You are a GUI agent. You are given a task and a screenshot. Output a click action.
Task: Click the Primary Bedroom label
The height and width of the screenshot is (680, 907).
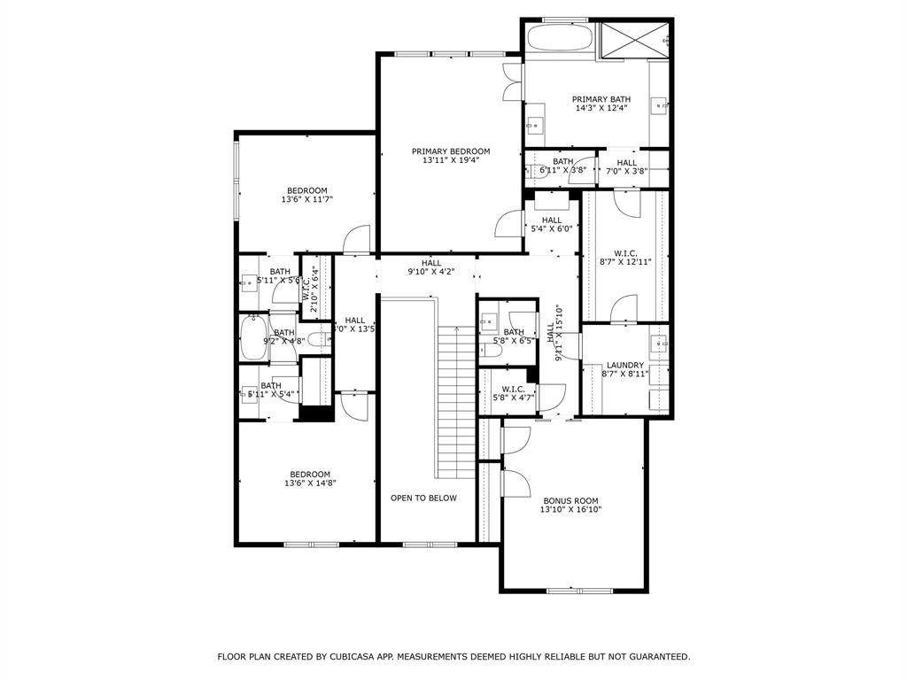[450, 151]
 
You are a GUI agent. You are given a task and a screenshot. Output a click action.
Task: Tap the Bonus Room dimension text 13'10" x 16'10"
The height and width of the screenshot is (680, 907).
[570, 510]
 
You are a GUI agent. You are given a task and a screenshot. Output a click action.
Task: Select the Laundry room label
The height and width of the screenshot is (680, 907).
[624, 365]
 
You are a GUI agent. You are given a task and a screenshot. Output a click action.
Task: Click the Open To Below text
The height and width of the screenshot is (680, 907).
[423, 498]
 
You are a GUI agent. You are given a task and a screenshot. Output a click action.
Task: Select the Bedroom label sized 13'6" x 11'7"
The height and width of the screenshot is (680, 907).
[306, 190]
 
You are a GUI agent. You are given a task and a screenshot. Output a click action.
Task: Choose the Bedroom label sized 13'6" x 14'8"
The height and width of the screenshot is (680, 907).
[309, 474]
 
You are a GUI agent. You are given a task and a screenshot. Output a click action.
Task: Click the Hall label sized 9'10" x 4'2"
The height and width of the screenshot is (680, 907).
[431, 263]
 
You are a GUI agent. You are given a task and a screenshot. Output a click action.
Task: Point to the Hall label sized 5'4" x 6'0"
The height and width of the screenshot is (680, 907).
[551, 220]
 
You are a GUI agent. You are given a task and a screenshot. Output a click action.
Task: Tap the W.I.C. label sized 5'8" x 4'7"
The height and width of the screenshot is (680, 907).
[513, 389]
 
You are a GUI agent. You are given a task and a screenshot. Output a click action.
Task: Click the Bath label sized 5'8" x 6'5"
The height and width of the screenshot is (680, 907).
[513, 332]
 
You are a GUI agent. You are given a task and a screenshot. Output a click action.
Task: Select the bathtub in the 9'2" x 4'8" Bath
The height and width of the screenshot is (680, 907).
[253, 340]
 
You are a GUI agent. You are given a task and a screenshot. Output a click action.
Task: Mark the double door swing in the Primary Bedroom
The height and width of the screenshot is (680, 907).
[511, 82]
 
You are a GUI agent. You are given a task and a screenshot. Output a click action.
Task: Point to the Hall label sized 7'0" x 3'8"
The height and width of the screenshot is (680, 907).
[626, 163]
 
